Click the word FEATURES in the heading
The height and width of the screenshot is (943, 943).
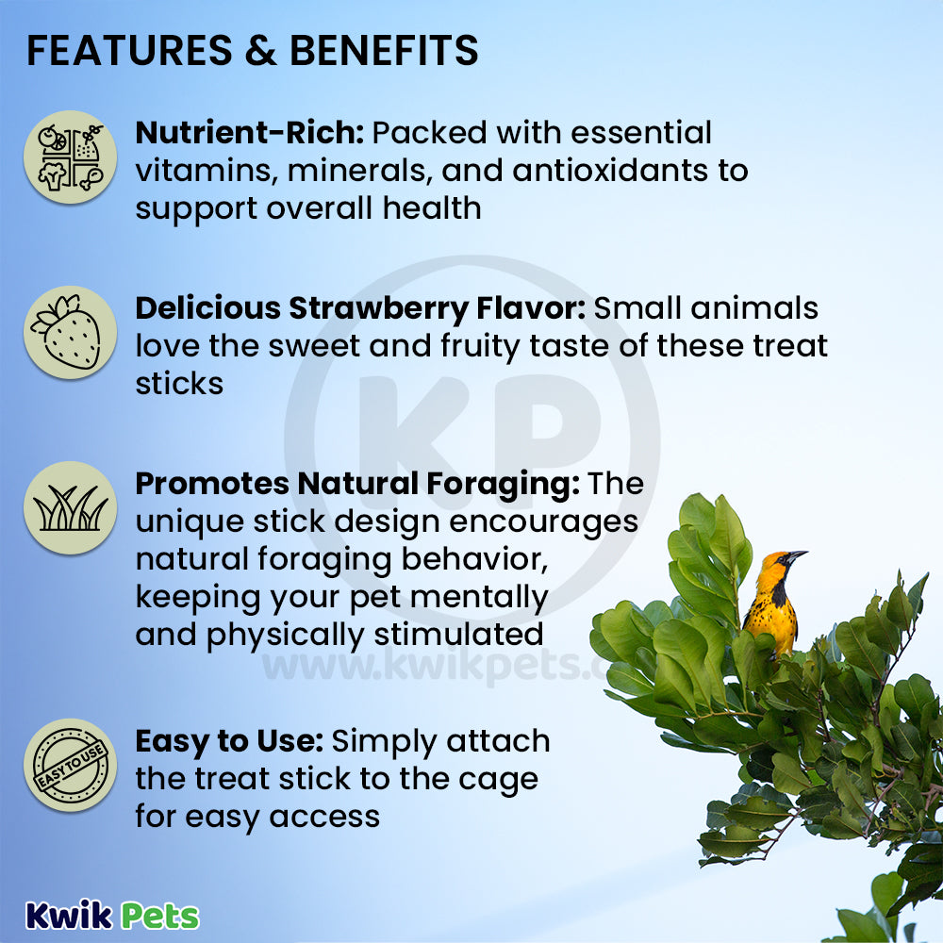pyautogui.click(x=129, y=50)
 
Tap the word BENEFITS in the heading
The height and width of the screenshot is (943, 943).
pyautogui.click(x=385, y=50)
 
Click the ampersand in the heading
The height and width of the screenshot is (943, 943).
pyautogui.click(x=261, y=50)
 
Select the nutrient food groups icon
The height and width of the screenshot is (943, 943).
pyautogui.click(x=71, y=157)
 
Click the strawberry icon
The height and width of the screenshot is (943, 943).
pyautogui.click(x=71, y=333)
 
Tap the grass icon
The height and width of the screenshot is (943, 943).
pyautogui.click(x=71, y=508)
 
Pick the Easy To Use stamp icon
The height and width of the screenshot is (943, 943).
pyautogui.click(x=71, y=766)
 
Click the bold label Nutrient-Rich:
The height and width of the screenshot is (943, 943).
pyautogui.click(x=250, y=132)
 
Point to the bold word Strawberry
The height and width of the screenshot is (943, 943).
pyautogui.click(x=378, y=309)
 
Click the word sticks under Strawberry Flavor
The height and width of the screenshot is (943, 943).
pyautogui.click(x=179, y=384)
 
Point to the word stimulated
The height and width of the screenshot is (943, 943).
pyautogui.click(x=459, y=635)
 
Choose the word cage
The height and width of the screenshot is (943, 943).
pyautogui.click(x=499, y=781)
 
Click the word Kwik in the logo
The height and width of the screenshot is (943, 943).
pyautogui.click(x=69, y=916)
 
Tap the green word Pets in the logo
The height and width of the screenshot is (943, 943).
pyautogui.click(x=160, y=917)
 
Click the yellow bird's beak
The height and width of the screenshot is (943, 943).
pyautogui.click(x=798, y=554)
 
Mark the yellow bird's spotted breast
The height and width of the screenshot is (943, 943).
pyautogui.click(x=770, y=617)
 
